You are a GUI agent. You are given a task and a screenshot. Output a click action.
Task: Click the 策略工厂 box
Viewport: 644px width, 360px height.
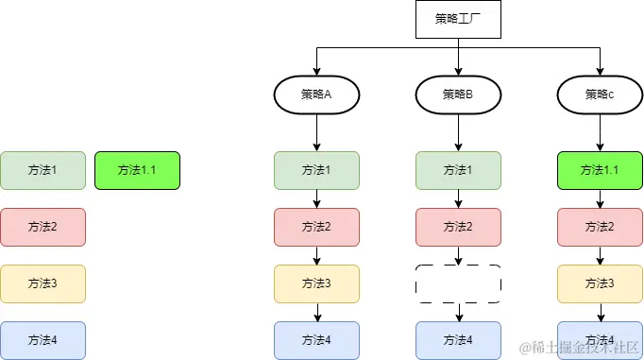458,19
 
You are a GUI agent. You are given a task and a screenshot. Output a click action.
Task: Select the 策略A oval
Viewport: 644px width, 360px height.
316,94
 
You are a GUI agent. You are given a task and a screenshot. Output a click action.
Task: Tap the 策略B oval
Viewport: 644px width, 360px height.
458,94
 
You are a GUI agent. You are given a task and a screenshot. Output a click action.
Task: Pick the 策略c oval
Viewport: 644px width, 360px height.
600,94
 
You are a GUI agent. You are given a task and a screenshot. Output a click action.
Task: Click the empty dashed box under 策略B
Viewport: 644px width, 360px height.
458,283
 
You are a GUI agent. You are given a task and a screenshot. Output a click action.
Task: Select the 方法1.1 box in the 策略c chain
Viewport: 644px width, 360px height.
600,170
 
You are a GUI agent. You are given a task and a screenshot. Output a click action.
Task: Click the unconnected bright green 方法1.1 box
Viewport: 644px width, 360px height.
137,170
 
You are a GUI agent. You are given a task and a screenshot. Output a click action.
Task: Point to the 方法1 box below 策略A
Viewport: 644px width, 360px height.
316,170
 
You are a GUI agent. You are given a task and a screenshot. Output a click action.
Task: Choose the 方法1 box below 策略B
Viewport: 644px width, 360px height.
458,170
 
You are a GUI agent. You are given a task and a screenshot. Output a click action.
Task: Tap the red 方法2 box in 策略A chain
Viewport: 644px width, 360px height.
316,227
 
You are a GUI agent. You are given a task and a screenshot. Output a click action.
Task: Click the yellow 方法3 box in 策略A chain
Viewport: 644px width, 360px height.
316,283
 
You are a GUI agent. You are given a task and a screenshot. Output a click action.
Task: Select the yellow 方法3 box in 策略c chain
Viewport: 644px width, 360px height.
600,283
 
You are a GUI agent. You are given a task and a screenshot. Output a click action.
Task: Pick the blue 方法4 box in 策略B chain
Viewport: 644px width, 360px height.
458,339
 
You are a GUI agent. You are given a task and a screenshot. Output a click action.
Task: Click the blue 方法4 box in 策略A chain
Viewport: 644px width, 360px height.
316,339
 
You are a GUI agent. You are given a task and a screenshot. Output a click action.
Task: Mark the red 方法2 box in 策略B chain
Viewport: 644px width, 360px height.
458,227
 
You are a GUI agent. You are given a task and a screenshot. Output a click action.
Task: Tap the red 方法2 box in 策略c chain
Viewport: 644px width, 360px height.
600,227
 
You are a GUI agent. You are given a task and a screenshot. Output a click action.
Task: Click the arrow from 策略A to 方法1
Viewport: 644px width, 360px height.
316,131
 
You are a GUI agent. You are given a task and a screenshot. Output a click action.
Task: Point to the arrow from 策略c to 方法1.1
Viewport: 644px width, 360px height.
600,131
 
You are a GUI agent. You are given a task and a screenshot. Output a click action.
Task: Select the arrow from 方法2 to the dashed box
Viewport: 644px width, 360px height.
458,255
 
